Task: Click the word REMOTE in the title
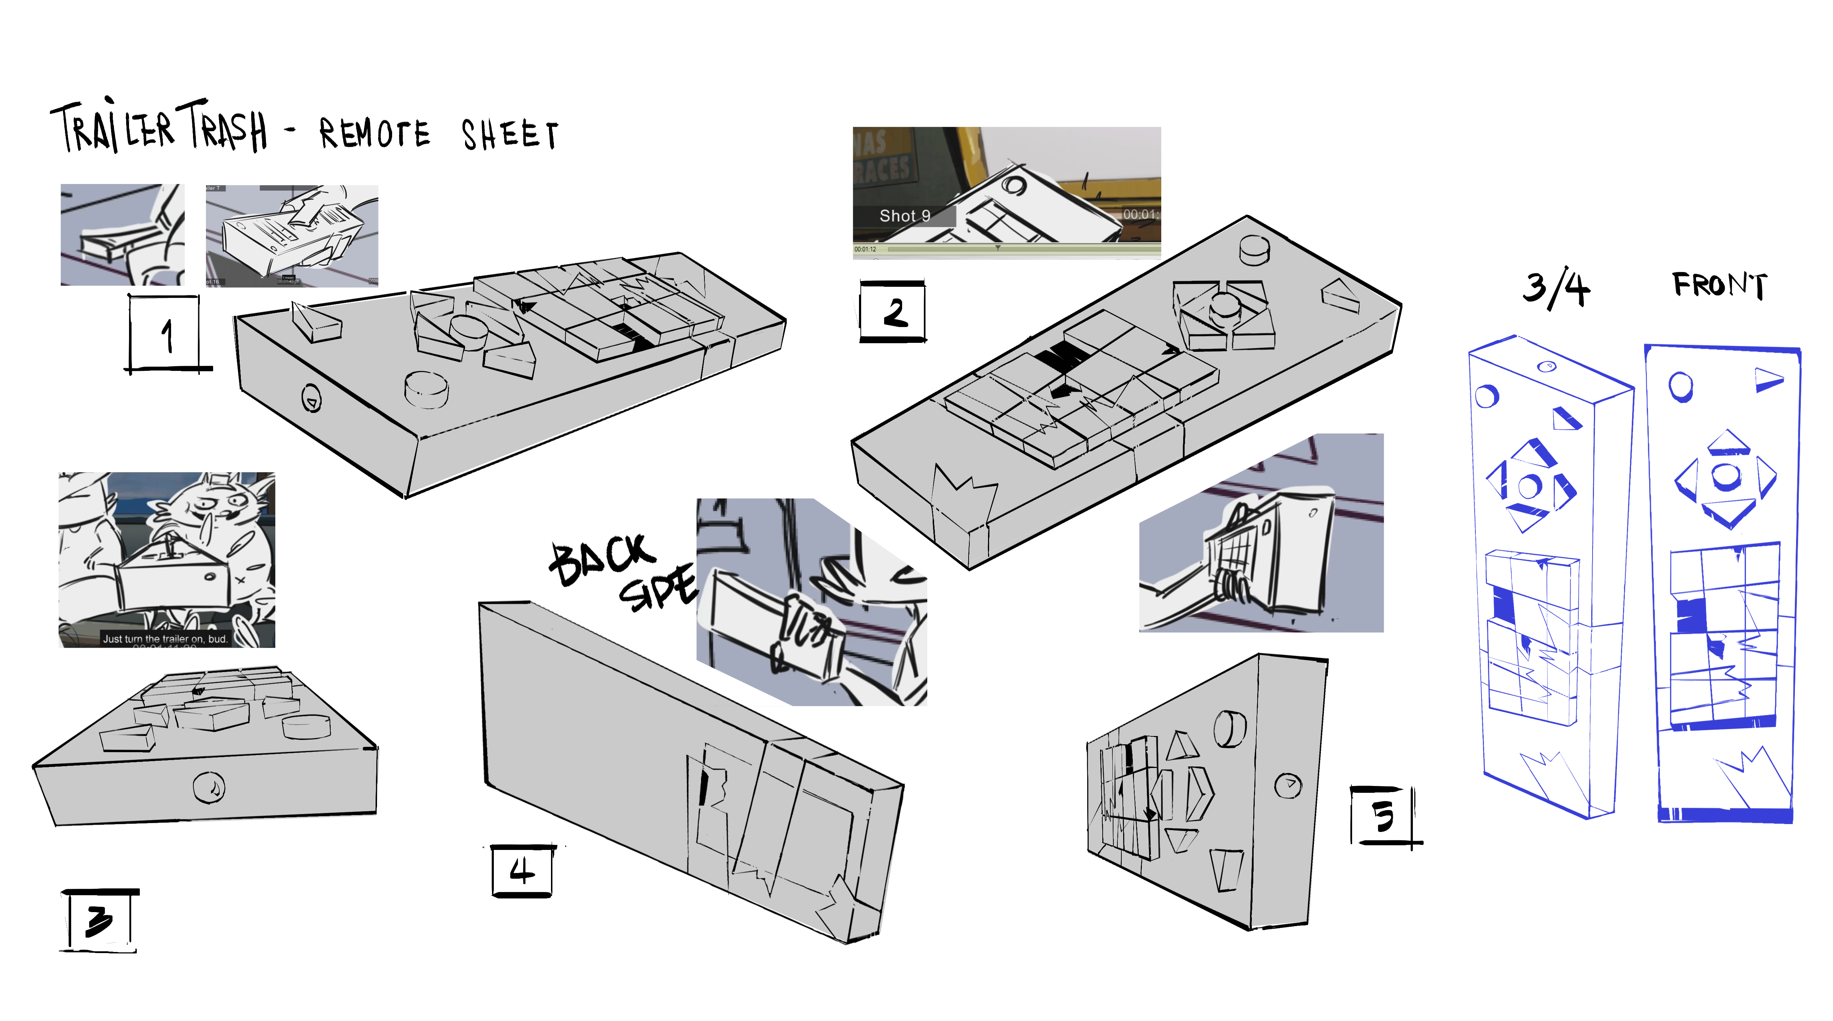pos(374,134)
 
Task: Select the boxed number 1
pos(166,335)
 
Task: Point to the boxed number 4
pos(522,870)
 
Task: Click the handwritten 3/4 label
pos(1556,288)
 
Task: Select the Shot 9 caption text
pos(904,216)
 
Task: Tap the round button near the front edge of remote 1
pos(426,388)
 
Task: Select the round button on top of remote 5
pos(1230,728)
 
